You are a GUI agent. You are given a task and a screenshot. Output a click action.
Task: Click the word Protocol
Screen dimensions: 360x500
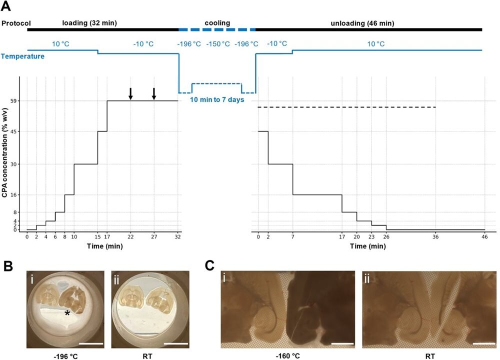(x=16, y=23)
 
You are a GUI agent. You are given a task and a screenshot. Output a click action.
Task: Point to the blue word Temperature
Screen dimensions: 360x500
(x=22, y=56)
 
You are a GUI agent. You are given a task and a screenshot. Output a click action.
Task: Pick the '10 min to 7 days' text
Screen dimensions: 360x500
(x=216, y=99)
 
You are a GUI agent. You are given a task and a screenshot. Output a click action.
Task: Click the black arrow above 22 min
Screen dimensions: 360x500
(x=130, y=93)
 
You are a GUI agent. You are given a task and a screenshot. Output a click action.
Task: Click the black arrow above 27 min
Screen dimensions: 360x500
(x=154, y=93)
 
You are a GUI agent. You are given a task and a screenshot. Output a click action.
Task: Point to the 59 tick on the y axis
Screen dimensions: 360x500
(x=14, y=101)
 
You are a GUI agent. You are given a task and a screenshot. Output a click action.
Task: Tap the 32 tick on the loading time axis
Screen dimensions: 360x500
(x=178, y=236)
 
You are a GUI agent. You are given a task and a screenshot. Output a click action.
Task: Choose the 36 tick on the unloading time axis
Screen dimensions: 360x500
(x=436, y=236)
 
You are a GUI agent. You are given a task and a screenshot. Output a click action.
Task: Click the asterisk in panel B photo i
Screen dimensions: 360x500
(x=66, y=313)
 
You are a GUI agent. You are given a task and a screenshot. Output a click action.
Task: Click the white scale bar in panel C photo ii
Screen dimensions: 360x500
(x=483, y=343)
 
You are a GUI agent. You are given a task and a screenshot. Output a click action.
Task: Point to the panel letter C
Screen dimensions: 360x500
(x=212, y=264)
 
